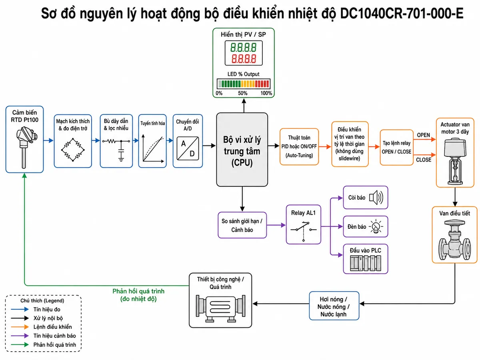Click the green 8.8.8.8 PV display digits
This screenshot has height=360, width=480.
click(243, 48)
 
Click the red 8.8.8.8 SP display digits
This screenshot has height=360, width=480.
click(244, 59)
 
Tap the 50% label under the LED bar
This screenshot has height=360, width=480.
click(243, 93)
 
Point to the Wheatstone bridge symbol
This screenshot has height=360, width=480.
click(73, 150)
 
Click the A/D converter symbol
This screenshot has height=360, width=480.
click(188, 148)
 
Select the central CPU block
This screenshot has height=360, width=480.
click(242, 150)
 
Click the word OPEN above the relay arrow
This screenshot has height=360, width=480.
click(423, 135)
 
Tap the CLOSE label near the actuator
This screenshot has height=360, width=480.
click(424, 160)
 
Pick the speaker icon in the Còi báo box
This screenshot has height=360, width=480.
click(376, 198)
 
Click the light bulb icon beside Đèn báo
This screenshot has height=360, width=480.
click(376, 226)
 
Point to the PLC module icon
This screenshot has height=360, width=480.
click(366, 263)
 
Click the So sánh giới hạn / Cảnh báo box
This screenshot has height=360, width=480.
click(242, 225)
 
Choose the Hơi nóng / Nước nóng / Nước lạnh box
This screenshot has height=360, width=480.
click(334, 306)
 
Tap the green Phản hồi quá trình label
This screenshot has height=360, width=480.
click(138, 295)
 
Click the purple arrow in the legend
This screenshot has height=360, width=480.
click(20, 336)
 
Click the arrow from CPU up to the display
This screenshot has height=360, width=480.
click(244, 106)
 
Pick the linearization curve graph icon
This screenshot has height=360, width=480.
click(153, 148)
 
